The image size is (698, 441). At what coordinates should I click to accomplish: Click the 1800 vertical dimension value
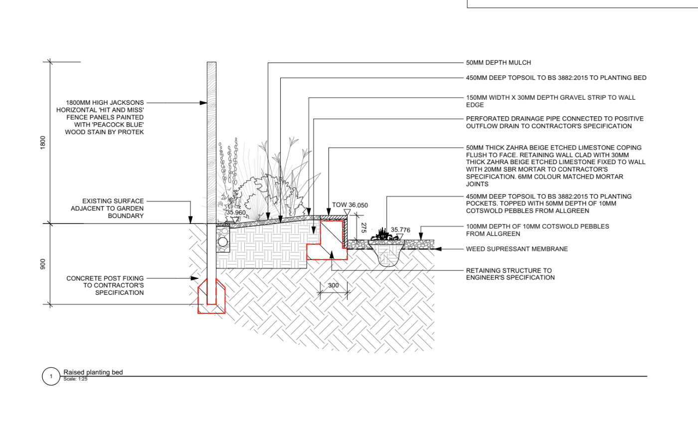[43, 142]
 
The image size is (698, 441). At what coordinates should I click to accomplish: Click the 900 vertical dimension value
[43, 264]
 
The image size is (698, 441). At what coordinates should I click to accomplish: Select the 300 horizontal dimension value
[333, 285]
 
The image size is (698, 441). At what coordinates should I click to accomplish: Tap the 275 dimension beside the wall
[363, 227]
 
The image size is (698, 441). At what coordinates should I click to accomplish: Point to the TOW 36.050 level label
[349, 205]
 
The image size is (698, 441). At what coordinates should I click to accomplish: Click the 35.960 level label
[236, 213]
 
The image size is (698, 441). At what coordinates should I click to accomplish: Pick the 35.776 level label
[400, 230]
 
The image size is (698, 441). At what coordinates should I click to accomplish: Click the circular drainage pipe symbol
[223, 242]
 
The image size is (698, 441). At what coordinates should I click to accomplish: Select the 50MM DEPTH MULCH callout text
[498, 63]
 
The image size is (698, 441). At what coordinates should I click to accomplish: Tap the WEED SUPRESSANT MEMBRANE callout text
[517, 249]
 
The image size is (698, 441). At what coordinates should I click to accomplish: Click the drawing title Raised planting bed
[93, 372]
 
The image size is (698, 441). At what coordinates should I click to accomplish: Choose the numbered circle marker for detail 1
[51, 377]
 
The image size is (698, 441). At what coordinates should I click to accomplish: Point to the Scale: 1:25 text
[75, 379]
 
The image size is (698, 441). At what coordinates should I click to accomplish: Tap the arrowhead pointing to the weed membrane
[438, 249]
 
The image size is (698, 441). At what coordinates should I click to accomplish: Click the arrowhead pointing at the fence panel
[203, 103]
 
